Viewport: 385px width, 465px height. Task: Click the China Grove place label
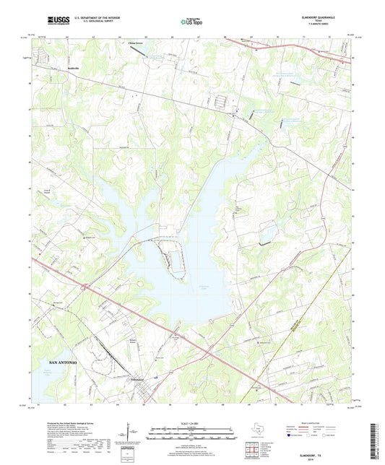[x=135, y=44]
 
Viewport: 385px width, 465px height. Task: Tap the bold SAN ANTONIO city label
[x=63, y=359]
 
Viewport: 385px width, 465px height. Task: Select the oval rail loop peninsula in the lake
[x=173, y=256]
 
